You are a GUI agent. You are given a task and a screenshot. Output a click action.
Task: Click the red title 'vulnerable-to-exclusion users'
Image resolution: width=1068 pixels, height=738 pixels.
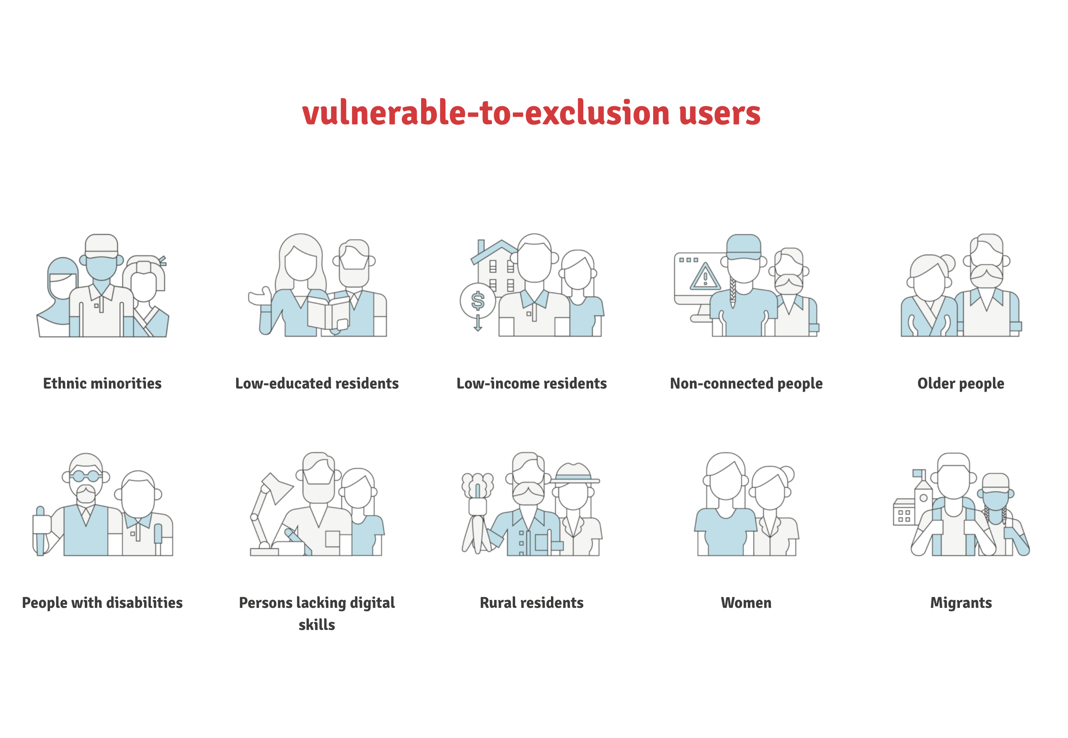531,113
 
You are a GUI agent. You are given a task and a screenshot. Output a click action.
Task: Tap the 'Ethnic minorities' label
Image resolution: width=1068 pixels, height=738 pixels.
102,383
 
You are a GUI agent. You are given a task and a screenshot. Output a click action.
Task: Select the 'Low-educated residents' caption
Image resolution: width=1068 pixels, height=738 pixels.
317,383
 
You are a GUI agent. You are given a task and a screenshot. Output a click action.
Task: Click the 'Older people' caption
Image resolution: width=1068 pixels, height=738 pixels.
961,384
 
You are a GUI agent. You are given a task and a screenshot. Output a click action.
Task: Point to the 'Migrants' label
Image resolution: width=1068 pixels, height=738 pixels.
961,603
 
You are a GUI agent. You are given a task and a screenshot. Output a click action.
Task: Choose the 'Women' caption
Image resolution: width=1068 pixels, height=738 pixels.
746,603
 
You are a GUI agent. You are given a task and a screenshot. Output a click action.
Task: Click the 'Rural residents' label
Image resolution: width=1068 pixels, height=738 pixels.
532,603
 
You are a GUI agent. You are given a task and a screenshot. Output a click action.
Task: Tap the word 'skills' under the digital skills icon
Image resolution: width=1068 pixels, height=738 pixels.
317,625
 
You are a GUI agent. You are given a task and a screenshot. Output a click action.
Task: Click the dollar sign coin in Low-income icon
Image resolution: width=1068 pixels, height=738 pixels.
478,301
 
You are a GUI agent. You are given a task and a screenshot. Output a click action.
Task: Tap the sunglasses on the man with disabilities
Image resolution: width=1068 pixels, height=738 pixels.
86,476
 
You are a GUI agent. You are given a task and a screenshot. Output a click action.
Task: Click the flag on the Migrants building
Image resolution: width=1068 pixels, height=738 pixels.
918,473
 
